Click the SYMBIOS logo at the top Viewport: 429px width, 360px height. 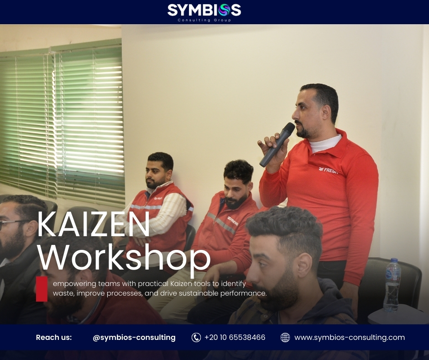[x=204, y=10]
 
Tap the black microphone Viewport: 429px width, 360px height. [x=277, y=144]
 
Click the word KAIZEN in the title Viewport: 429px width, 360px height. [x=94, y=224]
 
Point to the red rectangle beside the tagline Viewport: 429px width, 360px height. [x=42, y=289]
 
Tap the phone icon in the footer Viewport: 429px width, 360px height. [x=196, y=338]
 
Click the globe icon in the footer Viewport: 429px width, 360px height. [x=285, y=338]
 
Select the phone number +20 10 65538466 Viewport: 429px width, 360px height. [x=235, y=338]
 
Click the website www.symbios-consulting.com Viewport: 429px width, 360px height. [x=349, y=338]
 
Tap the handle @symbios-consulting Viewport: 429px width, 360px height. [x=134, y=338]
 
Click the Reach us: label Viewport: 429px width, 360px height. [x=54, y=338]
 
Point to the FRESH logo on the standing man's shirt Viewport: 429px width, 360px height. [x=329, y=170]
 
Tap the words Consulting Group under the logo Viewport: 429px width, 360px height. [x=204, y=20]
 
